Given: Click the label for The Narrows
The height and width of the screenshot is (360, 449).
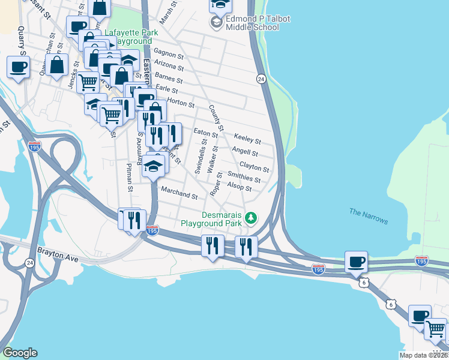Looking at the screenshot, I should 369,216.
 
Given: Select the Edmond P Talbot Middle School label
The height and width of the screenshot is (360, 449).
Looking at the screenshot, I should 258,23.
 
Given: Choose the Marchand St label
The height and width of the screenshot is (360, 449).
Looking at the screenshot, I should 179,192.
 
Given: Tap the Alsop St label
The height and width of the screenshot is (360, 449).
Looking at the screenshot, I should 239,188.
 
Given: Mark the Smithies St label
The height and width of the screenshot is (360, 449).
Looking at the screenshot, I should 244,176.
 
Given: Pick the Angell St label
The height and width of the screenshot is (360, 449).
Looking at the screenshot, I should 244,151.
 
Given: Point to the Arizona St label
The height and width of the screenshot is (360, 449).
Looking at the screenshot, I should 169,66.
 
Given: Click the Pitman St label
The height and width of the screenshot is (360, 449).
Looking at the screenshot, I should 130,176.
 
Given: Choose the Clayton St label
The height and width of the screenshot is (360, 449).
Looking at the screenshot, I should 254,166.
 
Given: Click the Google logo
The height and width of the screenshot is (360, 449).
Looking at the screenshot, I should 20,353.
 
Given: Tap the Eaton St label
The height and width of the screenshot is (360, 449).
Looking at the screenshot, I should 202,132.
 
